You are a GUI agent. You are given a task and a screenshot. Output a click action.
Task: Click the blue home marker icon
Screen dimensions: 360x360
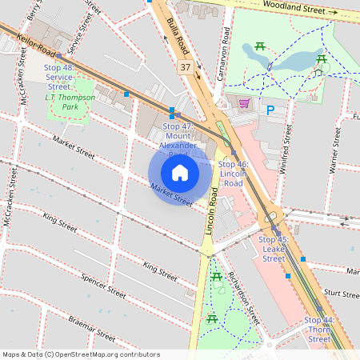[180, 172]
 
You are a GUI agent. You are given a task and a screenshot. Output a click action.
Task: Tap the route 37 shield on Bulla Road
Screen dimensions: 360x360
[186, 67]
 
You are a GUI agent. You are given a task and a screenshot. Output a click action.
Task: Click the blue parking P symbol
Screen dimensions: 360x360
[270, 110]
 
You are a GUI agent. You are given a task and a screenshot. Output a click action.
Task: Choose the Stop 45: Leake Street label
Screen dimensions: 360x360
[273, 249]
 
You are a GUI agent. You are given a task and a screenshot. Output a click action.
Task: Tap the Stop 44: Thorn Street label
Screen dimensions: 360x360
[318, 330]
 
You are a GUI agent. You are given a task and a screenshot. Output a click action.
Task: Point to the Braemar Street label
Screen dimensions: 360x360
[92, 329]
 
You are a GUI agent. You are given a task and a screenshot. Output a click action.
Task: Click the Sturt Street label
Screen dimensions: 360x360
[343, 294]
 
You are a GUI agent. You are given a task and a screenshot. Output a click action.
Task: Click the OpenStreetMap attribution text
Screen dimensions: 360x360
[80, 354]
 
